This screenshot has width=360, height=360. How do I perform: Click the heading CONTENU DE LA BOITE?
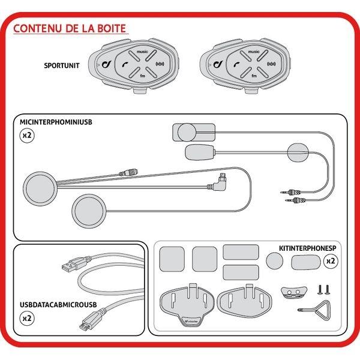click(x=69, y=29)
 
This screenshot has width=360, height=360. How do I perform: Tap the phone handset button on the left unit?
click(x=125, y=63)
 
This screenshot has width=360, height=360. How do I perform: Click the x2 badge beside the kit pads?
click(x=329, y=261)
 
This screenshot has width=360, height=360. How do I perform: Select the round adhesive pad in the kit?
click(x=274, y=260)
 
